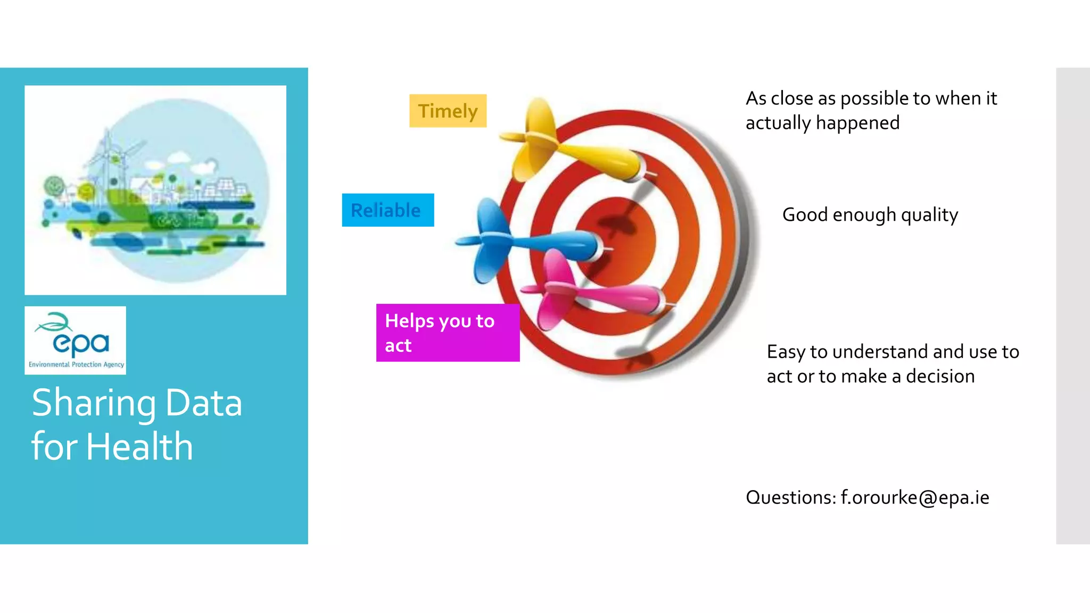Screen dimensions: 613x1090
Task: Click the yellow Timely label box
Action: click(x=448, y=111)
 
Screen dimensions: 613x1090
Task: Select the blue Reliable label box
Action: click(x=387, y=210)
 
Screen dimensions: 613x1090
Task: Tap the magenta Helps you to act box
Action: click(x=447, y=333)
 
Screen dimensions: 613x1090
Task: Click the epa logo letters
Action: click(x=81, y=343)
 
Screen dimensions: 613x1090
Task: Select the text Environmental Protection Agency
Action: click(x=76, y=365)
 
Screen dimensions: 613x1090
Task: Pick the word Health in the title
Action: click(x=139, y=446)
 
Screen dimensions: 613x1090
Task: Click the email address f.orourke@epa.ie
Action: click(x=914, y=498)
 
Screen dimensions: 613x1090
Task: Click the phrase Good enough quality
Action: click(x=870, y=215)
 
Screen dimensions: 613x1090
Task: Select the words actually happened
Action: click(x=822, y=123)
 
